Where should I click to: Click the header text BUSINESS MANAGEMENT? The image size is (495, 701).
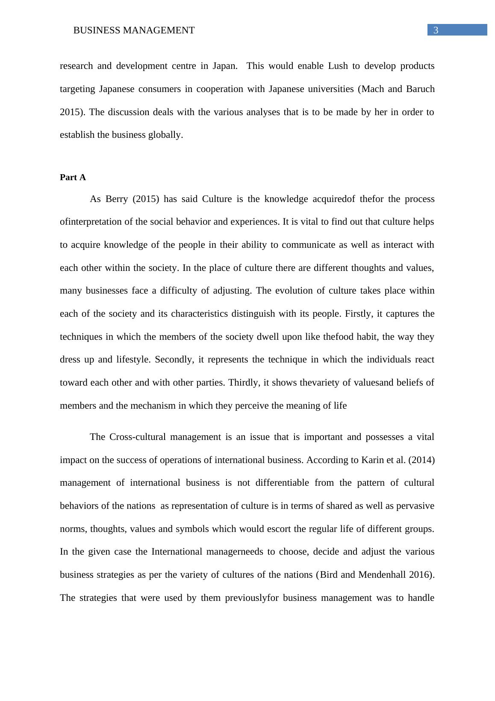[134, 30]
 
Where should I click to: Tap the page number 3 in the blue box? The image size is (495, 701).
[436, 30]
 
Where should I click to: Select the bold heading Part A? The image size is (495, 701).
[73, 177]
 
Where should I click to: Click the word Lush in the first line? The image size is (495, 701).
[337, 66]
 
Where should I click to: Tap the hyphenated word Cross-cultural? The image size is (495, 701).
[137, 437]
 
